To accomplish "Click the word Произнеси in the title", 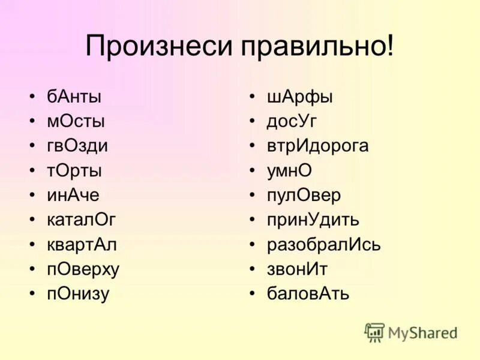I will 154,46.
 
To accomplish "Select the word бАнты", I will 74,96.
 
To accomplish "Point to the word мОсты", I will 76,121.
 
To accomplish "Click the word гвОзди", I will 77,146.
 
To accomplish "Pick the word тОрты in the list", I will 74,170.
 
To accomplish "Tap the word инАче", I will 73,195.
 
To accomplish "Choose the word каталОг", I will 81,220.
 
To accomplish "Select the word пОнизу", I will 78,294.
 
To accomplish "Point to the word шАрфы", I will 300,96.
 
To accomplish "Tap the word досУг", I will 292,121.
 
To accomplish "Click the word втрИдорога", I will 318,146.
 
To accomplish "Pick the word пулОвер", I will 304,195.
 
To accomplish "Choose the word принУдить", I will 313,220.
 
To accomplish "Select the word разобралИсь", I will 324,245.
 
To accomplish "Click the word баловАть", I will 308,294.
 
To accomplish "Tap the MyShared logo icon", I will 374,332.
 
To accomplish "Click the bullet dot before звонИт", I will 254,269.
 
